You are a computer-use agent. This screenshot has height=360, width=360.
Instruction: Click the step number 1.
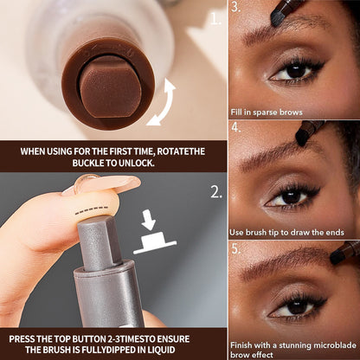215,16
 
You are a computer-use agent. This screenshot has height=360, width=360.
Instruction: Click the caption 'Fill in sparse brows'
268,108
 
